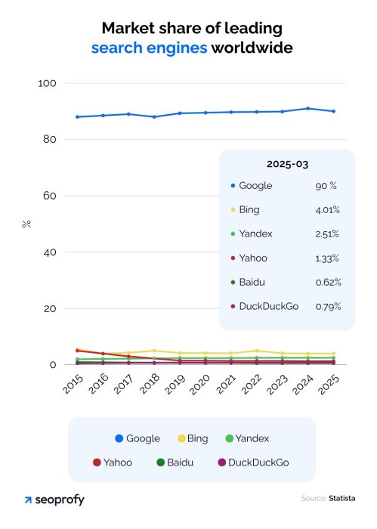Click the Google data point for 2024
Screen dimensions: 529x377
tap(307, 108)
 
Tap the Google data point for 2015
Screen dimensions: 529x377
tap(77, 116)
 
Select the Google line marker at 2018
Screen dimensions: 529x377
tap(154, 116)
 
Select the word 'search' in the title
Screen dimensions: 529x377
tap(118, 48)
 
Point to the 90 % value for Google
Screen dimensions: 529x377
tap(326, 185)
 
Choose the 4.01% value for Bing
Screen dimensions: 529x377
tap(328, 209)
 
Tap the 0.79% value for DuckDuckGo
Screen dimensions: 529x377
tap(328, 306)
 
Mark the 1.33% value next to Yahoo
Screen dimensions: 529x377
tap(328, 258)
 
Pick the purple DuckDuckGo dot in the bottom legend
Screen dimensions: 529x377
tap(221, 462)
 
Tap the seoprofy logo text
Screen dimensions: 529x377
tap(60, 500)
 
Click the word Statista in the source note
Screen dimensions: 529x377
tap(341, 499)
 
